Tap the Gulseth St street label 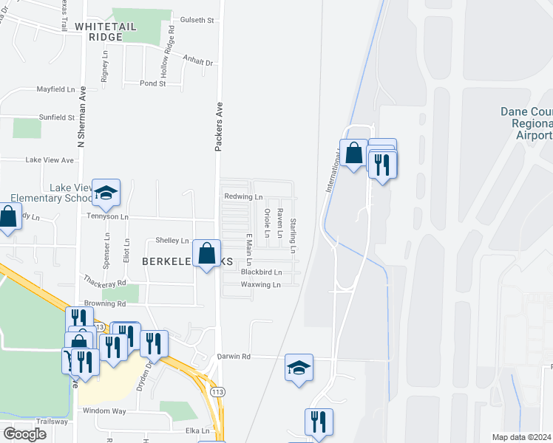[196, 21]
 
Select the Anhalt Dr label [198, 63]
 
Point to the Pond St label [152, 83]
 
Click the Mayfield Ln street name [56, 89]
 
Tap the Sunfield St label [56, 117]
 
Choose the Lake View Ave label [50, 160]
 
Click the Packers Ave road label [219, 127]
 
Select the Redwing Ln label [244, 197]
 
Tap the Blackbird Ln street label [261, 272]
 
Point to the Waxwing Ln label [261, 284]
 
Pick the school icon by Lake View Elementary [106, 192]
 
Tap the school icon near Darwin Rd [299, 367]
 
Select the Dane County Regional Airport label [526, 123]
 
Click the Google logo [24, 434]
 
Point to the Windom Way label [104, 410]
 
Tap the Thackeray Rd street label [106, 283]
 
